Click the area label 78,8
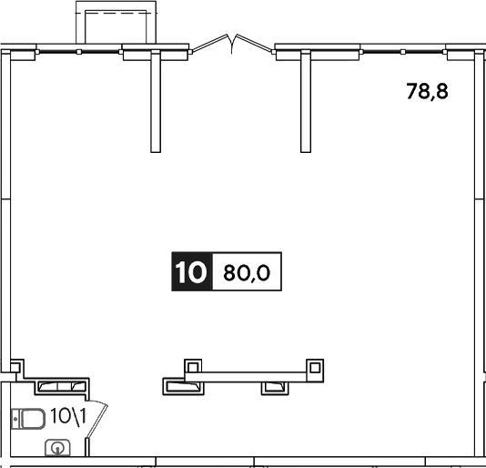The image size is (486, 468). [x=427, y=91]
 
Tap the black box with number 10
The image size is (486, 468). [x=192, y=271]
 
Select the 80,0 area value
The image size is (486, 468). [x=247, y=273]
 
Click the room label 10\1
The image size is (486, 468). [x=68, y=416]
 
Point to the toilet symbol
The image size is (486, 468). [x=28, y=419]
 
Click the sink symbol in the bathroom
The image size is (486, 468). [x=57, y=448]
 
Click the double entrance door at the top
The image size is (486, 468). [x=232, y=45]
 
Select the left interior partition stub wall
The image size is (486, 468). [x=156, y=101]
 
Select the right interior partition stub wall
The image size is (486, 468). [x=306, y=101]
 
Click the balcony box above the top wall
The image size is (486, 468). [x=116, y=23]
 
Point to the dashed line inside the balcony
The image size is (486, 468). [x=122, y=14]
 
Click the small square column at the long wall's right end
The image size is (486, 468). [x=315, y=368]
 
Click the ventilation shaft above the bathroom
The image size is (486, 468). [x=62, y=386]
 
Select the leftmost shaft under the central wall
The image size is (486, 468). [x=184, y=386]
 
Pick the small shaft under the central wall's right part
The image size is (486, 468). [x=275, y=388]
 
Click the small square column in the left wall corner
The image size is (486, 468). [x=15, y=367]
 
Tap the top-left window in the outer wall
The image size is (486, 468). [x=79, y=52]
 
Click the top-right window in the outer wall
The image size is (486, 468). [x=403, y=52]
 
